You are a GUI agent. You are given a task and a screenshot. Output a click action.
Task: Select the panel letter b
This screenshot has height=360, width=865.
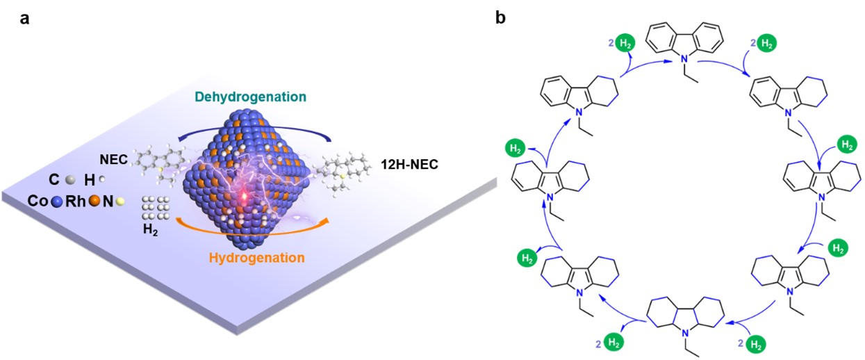pyautogui.click(x=501, y=19)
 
